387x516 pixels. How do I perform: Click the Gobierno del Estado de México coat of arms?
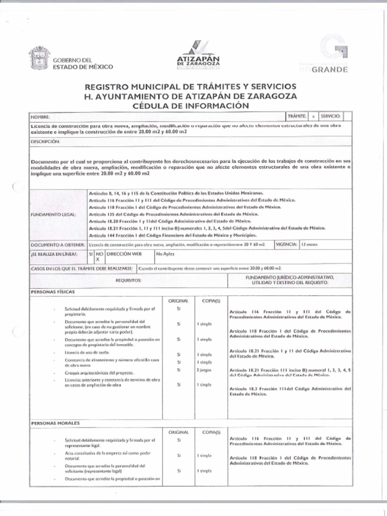click(x=39, y=58)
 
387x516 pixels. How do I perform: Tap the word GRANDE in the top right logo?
click(x=330, y=70)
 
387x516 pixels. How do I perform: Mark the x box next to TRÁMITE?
click(x=313, y=116)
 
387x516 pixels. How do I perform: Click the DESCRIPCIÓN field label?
click(x=45, y=142)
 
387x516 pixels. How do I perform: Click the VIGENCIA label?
click(x=286, y=244)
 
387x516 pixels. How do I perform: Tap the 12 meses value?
click(x=308, y=244)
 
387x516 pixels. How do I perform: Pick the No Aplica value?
click(x=165, y=254)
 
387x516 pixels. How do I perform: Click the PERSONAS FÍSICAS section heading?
click(x=50, y=292)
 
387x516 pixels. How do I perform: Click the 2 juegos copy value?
click(x=204, y=370)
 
